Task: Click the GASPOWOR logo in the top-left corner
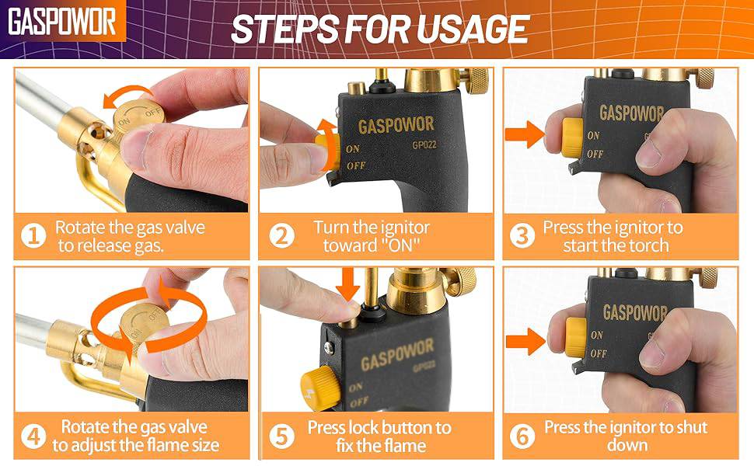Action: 62,22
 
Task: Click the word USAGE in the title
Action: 472,30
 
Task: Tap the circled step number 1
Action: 33,236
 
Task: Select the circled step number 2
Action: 281,236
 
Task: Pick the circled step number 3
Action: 522,236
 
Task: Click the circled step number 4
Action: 33,436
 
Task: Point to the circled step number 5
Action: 281,436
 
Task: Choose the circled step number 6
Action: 522,436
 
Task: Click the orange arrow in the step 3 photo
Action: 525,134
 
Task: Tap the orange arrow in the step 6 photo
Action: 526,341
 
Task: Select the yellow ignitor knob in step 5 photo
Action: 321,387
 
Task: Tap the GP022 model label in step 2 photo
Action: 424,144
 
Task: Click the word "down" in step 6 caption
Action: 627,445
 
